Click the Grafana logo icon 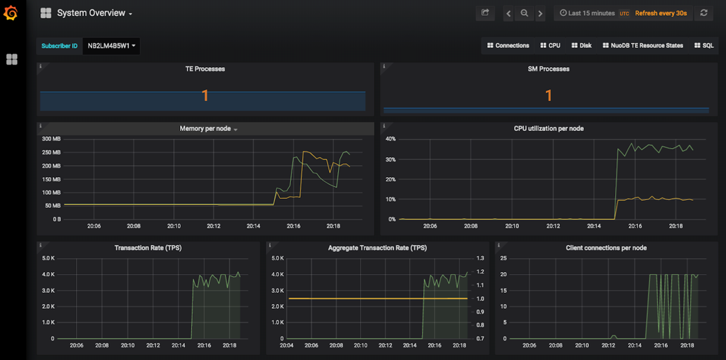(x=11, y=13)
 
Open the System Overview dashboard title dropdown (x=94, y=13)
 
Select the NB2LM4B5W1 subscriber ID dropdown (x=111, y=46)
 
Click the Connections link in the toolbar (x=508, y=46)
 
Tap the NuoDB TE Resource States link (x=642, y=46)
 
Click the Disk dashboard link (x=581, y=46)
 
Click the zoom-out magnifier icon (x=524, y=13)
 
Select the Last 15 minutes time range (x=587, y=13)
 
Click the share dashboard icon (x=485, y=13)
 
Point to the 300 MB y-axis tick (x=51, y=139)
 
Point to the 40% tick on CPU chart (x=390, y=139)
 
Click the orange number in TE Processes (x=205, y=96)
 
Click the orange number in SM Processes (x=549, y=96)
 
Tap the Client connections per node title (x=605, y=248)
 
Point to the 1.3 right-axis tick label (x=481, y=258)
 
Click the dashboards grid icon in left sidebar (x=12, y=60)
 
